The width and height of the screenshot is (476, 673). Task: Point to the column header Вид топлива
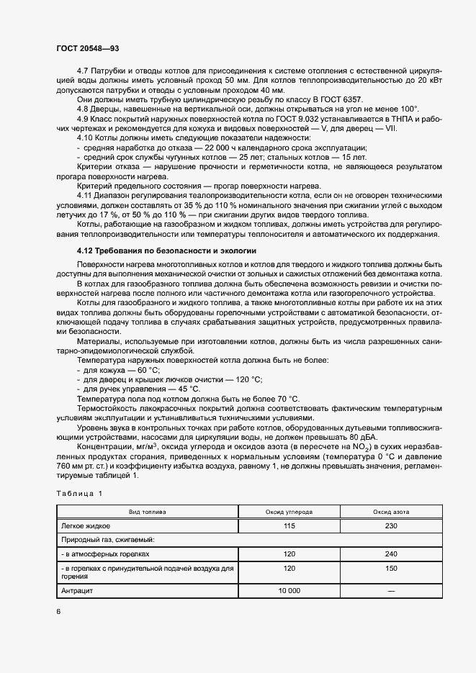pyautogui.click(x=148, y=512)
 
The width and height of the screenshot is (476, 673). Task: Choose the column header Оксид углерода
pyautogui.click(x=290, y=512)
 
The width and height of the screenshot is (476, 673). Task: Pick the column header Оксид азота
pyautogui.click(x=392, y=512)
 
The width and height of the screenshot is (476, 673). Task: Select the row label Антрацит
pyautogui.click(x=77, y=590)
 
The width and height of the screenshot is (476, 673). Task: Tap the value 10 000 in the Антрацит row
pyautogui.click(x=290, y=590)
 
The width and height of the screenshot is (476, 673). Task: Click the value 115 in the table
pyautogui.click(x=290, y=525)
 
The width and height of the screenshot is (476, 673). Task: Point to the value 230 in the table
pyautogui.click(x=392, y=525)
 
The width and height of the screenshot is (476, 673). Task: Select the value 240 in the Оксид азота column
pyautogui.click(x=392, y=554)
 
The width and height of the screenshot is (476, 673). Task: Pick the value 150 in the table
pyautogui.click(x=392, y=569)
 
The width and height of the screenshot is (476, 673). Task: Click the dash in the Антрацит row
pyautogui.click(x=392, y=590)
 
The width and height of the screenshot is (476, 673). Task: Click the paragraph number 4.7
pyautogui.click(x=84, y=71)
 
